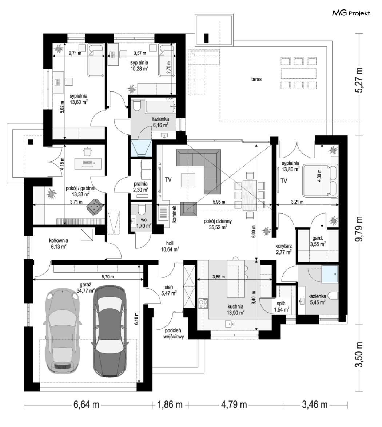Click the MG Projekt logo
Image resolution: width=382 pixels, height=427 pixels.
pyautogui.click(x=351, y=13)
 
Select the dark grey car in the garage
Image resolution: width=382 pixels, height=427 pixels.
pyautogui.click(x=110, y=330)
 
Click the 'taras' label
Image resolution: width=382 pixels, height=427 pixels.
pyautogui.click(x=256, y=79)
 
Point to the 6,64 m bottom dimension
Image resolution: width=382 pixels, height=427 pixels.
pyautogui.click(x=86, y=405)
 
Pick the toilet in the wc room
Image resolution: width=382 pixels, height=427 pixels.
pyautogui.click(x=142, y=210)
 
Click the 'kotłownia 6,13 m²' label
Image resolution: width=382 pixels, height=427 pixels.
pyautogui.click(x=59, y=244)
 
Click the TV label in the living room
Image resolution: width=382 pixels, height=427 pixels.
pyautogui.click(x=168, y=180)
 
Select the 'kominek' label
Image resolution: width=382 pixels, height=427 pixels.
pyautogui.click(x=174, y=214)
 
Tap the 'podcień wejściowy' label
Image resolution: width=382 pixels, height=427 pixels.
pyautogui.click(x=173, y=333)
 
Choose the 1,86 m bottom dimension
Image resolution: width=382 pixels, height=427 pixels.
pyautogui.click(x=170, y=405)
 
